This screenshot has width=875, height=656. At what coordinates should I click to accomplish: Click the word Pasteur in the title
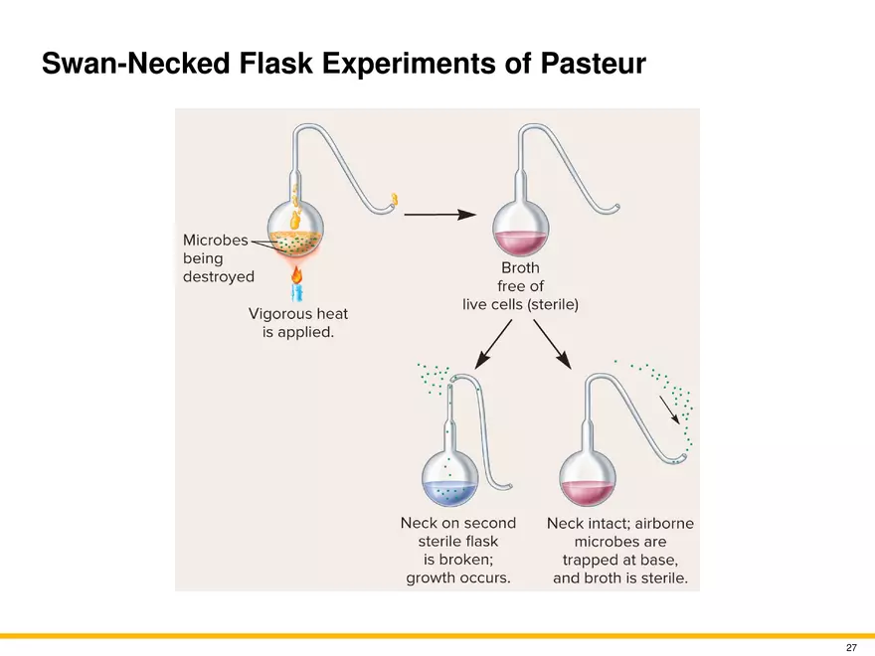pos(593,63)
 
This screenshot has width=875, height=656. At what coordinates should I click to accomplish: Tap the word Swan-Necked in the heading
pos(135,63)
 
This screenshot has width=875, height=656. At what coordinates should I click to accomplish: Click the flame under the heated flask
pos(297,274)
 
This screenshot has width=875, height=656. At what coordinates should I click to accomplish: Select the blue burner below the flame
pos(297,292)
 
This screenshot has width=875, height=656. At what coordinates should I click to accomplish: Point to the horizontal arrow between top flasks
pos(439,215)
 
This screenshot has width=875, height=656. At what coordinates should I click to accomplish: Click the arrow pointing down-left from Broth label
pos(493,344)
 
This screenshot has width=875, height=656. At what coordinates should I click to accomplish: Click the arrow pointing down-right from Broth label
pos(553,344)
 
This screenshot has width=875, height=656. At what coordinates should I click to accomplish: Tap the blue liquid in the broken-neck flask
pos(449,493)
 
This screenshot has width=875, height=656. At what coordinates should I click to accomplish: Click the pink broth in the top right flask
pos(521,243)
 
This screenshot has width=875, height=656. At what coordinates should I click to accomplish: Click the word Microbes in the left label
pos(216,240)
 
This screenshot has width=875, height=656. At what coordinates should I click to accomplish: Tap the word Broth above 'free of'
pos(521,267)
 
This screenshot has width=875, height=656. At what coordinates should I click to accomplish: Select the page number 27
pos(851,648)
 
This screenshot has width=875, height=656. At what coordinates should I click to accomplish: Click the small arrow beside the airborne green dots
pos(669,410)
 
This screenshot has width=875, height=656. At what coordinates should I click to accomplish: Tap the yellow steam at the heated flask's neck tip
pos(395,200)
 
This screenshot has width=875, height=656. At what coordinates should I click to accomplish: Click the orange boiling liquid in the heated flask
pos(295,241)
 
